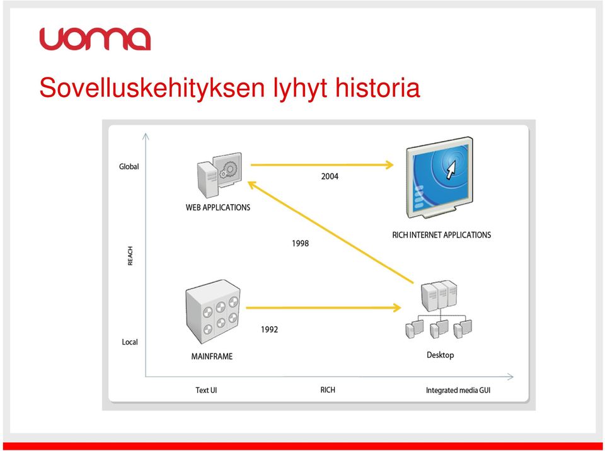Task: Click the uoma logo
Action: tap(95, 39)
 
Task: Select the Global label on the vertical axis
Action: tap(129, 167)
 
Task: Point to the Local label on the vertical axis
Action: tap(130, 342)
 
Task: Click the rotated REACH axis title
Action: tap(130, 256)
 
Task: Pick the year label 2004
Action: tap(330, 176)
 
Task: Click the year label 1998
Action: tap(300, 243)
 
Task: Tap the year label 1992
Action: tap(269, 329)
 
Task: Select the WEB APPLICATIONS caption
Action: tap(218, 208)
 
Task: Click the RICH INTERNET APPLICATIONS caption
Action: tap(441, 235)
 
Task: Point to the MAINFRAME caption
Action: tap(212, 357)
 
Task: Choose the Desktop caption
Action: tap(441, 355)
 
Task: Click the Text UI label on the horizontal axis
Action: tap(206, 390)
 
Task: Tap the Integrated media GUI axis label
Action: tap(458, 391)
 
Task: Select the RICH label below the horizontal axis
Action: tap(328, 390)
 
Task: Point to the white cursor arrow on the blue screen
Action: tap(450, 169)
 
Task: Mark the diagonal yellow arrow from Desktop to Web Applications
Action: tap(330, 232)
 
